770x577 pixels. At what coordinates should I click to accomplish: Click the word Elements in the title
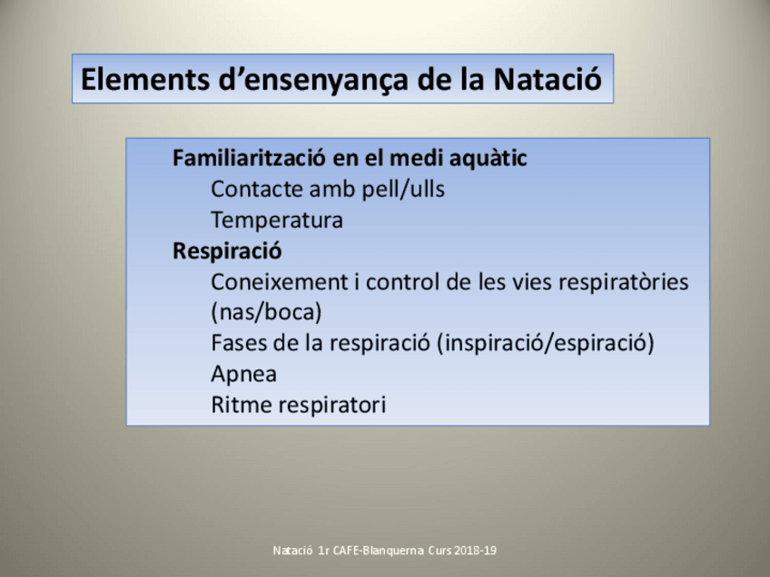click(x=145, y=79)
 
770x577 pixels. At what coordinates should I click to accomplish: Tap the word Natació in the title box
click(x=548, y=79)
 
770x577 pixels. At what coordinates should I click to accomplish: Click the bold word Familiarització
click(x=249, y=158)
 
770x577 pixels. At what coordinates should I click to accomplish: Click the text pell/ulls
click(x=403, y=190)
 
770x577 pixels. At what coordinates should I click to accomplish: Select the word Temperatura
click(x=277, y=220)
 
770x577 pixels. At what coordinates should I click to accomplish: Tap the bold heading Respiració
click(x=227, y=251)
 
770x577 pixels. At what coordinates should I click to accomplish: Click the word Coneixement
click(x=280, y=282)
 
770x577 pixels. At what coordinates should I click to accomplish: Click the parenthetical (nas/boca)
click(x=267, y=312)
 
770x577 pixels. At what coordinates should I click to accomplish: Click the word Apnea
click(x=244, y=375)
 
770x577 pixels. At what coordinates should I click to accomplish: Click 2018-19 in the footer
click(x=475, y=551)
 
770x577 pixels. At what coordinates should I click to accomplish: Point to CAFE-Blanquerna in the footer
click(x=378, y=551)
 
